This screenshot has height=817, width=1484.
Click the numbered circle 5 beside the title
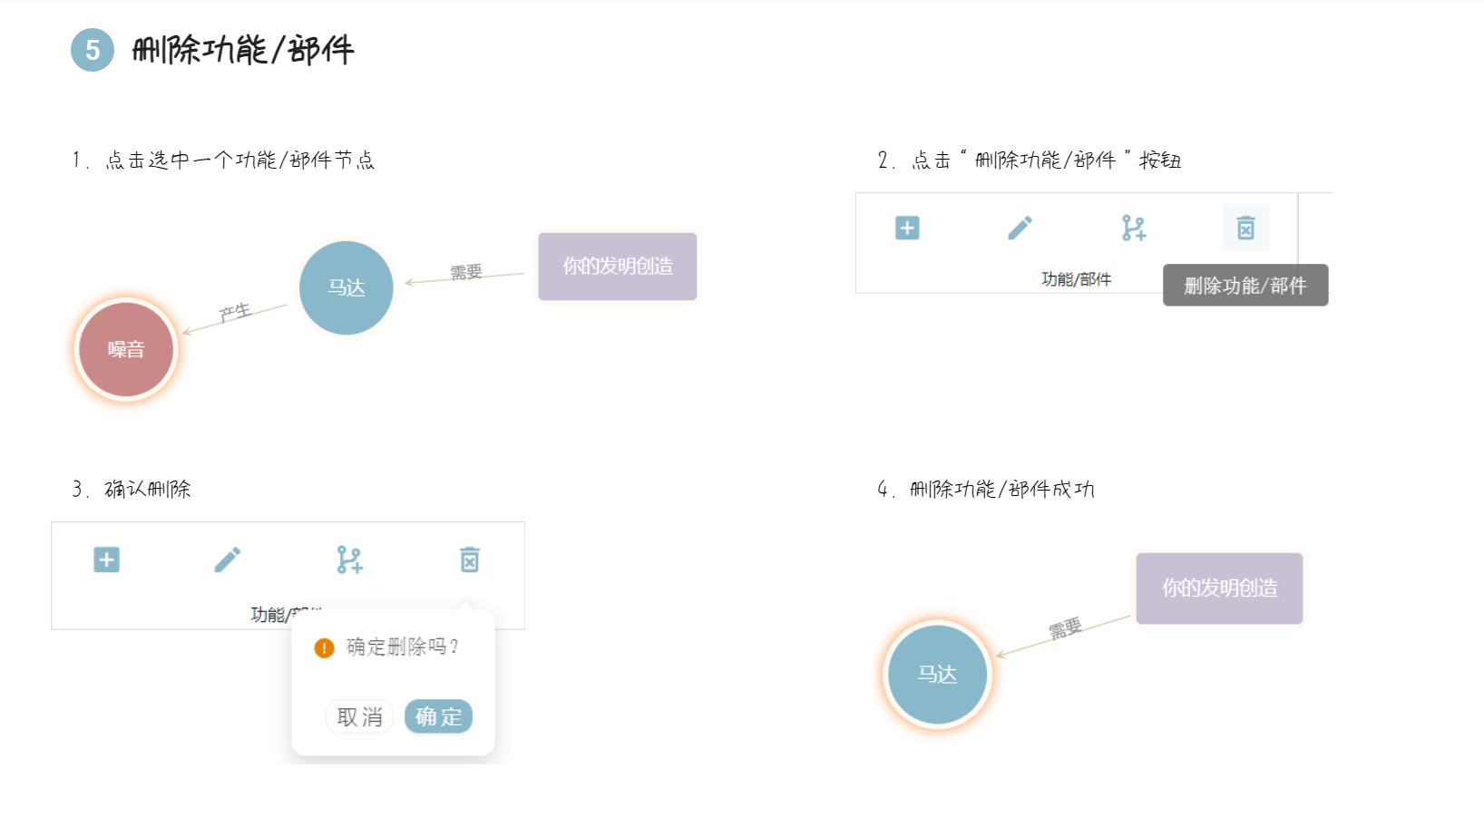click(93, 50)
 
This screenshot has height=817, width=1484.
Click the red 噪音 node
click(126, 350)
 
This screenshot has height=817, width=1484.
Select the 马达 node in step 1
click(346, 288)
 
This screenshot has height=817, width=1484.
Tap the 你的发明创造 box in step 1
click(618, 267)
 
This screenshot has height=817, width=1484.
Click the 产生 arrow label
click(235, 313)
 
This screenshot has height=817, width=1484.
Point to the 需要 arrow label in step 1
click(466, 272)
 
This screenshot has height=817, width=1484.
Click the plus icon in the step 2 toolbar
click(907, 228)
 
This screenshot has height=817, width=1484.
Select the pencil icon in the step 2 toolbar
click(1020, 228)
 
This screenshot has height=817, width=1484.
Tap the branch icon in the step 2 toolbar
click(1133, 228)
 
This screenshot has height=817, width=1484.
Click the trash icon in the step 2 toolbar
click(1245, 228)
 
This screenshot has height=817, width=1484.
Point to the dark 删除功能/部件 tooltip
click(1245, 286)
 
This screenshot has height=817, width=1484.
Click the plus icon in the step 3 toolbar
click(107, 559)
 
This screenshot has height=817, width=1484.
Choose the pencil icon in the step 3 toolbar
click(228, 559)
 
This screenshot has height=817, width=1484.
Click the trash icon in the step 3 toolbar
click(469, 559)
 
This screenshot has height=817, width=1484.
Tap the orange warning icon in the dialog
click(324, 647)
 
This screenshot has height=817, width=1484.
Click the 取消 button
click(359, 717)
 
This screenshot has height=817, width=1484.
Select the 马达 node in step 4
click(937, 675)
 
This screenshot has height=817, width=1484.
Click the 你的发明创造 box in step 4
click(1219, 588)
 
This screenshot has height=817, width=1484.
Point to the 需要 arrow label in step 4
click(1066, 627)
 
